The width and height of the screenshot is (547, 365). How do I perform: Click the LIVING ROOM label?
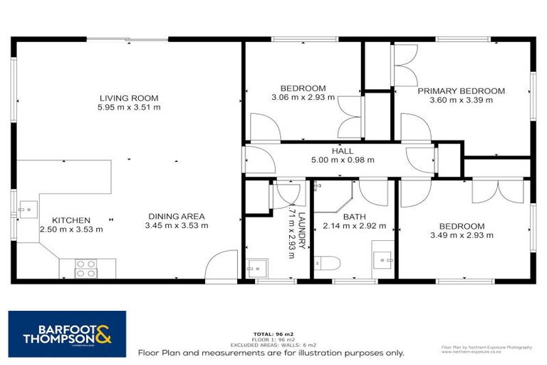[x=129, y=98]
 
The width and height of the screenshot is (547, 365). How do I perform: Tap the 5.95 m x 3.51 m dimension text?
[x=129, y=108]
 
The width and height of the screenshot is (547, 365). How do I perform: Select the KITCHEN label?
[x=71, y=220]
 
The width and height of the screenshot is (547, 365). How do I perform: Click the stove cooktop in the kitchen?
[x=86, y=268]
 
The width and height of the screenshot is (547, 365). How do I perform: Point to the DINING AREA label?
[x=177, y=217]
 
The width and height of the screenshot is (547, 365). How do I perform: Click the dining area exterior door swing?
[x=222, y=267]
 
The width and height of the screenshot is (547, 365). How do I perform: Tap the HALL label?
[x=342, y=151]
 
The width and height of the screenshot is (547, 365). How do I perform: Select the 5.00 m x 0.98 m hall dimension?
[x=342, y=160]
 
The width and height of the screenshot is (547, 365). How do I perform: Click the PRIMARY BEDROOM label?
[x=461, y=91]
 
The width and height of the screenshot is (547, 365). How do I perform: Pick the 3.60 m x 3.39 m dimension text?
[x=461, y=101]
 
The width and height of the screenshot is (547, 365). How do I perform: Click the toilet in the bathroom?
[x=328, y=264]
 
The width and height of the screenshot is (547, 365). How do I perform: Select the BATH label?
[x=354, y=217]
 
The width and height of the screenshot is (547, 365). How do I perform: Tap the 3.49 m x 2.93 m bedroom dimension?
[x=461, y=235]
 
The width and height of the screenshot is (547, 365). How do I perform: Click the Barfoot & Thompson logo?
[x=67, y=333]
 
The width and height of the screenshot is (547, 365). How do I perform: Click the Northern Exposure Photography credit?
[x=486, y=347]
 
